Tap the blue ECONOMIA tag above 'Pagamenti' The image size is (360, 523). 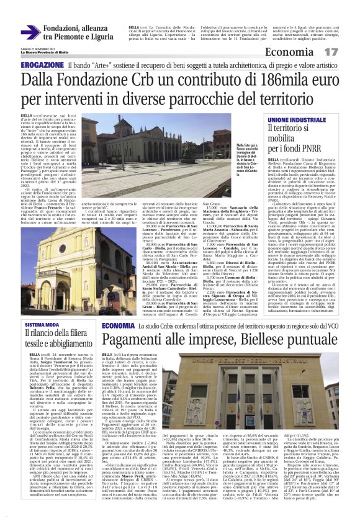pos(116,325)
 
